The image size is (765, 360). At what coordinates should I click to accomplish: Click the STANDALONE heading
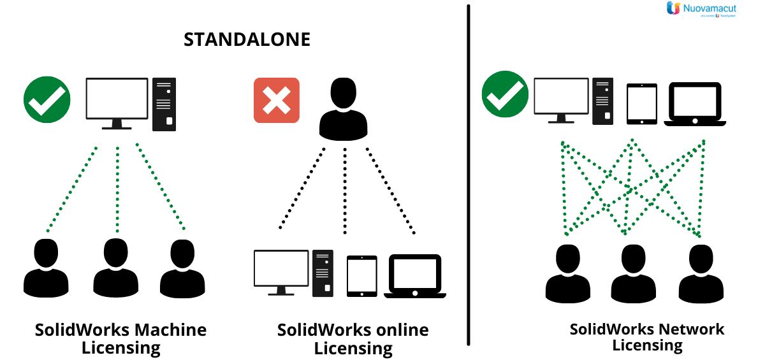pyautogui.click(x=247, y=40)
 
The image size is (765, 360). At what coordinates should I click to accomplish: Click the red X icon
pyautogui.click(x=276, y=100)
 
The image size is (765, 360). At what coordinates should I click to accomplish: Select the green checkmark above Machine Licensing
pyautogui.click(x=47, y=99)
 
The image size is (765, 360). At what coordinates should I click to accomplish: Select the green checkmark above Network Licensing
pyautogui.click(x=505, y=94)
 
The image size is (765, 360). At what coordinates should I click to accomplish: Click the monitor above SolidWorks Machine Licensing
pyautogui.click(x=117, y=101)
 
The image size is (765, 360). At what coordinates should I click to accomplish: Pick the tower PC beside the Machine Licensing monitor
pyautogui.click(x=164, y=104)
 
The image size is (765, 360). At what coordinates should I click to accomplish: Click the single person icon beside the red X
pyautogui.click(x=343, y=109)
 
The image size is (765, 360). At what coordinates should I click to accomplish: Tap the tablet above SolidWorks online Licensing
pyautogui.click(x=361, y=275)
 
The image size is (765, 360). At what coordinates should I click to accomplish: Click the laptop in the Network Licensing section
pyautogui.click(x=694, y=103)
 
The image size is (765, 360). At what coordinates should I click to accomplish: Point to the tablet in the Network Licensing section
pyautogui.click(x=641, y=103)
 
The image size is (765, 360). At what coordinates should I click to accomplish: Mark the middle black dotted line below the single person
pyautogui.click(x=345, y=191)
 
